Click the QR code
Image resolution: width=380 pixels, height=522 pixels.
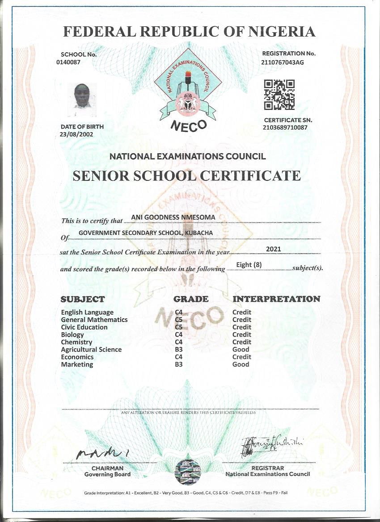[x=279, y=95]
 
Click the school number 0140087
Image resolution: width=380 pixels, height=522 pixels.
[x=68, y=63]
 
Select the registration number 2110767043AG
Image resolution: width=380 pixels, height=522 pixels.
[x=282, y=63]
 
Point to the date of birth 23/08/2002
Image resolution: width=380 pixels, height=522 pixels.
[x=76, y=134]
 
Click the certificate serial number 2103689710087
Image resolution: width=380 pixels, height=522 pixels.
[x=285, y=128]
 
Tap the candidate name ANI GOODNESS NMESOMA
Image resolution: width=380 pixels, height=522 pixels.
[x=173, y=217]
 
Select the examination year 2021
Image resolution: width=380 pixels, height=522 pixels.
[x=273, y=249]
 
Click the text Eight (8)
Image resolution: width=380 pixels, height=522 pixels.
[x=249, y=265]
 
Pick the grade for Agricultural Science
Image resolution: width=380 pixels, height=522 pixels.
[x=179, y=350]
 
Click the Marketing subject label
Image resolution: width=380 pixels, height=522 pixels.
[x=77, y=364]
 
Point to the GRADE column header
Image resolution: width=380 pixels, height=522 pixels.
[x=191, y=299]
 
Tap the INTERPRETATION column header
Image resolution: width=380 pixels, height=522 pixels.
[x=276, y=299]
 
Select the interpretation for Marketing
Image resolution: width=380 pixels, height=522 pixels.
[x=241, y=364]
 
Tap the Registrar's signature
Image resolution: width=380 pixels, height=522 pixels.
[x=271, y=444]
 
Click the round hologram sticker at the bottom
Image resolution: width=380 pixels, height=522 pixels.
[x=188, y=472]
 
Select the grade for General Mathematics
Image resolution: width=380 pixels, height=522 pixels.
[x=179, y=320]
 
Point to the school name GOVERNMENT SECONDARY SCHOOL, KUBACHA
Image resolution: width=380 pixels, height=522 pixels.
[x=145, y=233]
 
